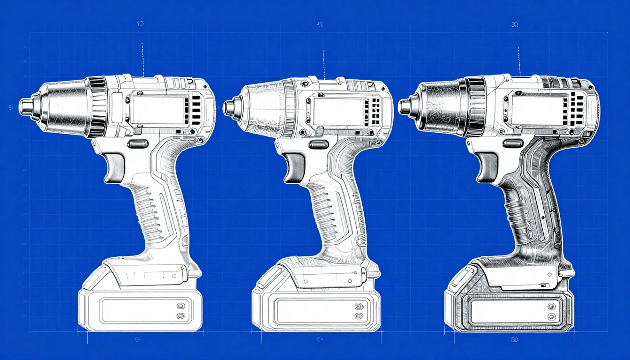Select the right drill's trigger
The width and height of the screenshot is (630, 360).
(487, 167)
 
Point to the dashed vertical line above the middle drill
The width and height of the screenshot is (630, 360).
(323, 65)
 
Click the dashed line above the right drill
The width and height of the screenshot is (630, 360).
(519, 61)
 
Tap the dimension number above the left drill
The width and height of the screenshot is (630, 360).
(140, 24)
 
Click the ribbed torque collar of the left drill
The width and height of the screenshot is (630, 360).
(97, 107)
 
